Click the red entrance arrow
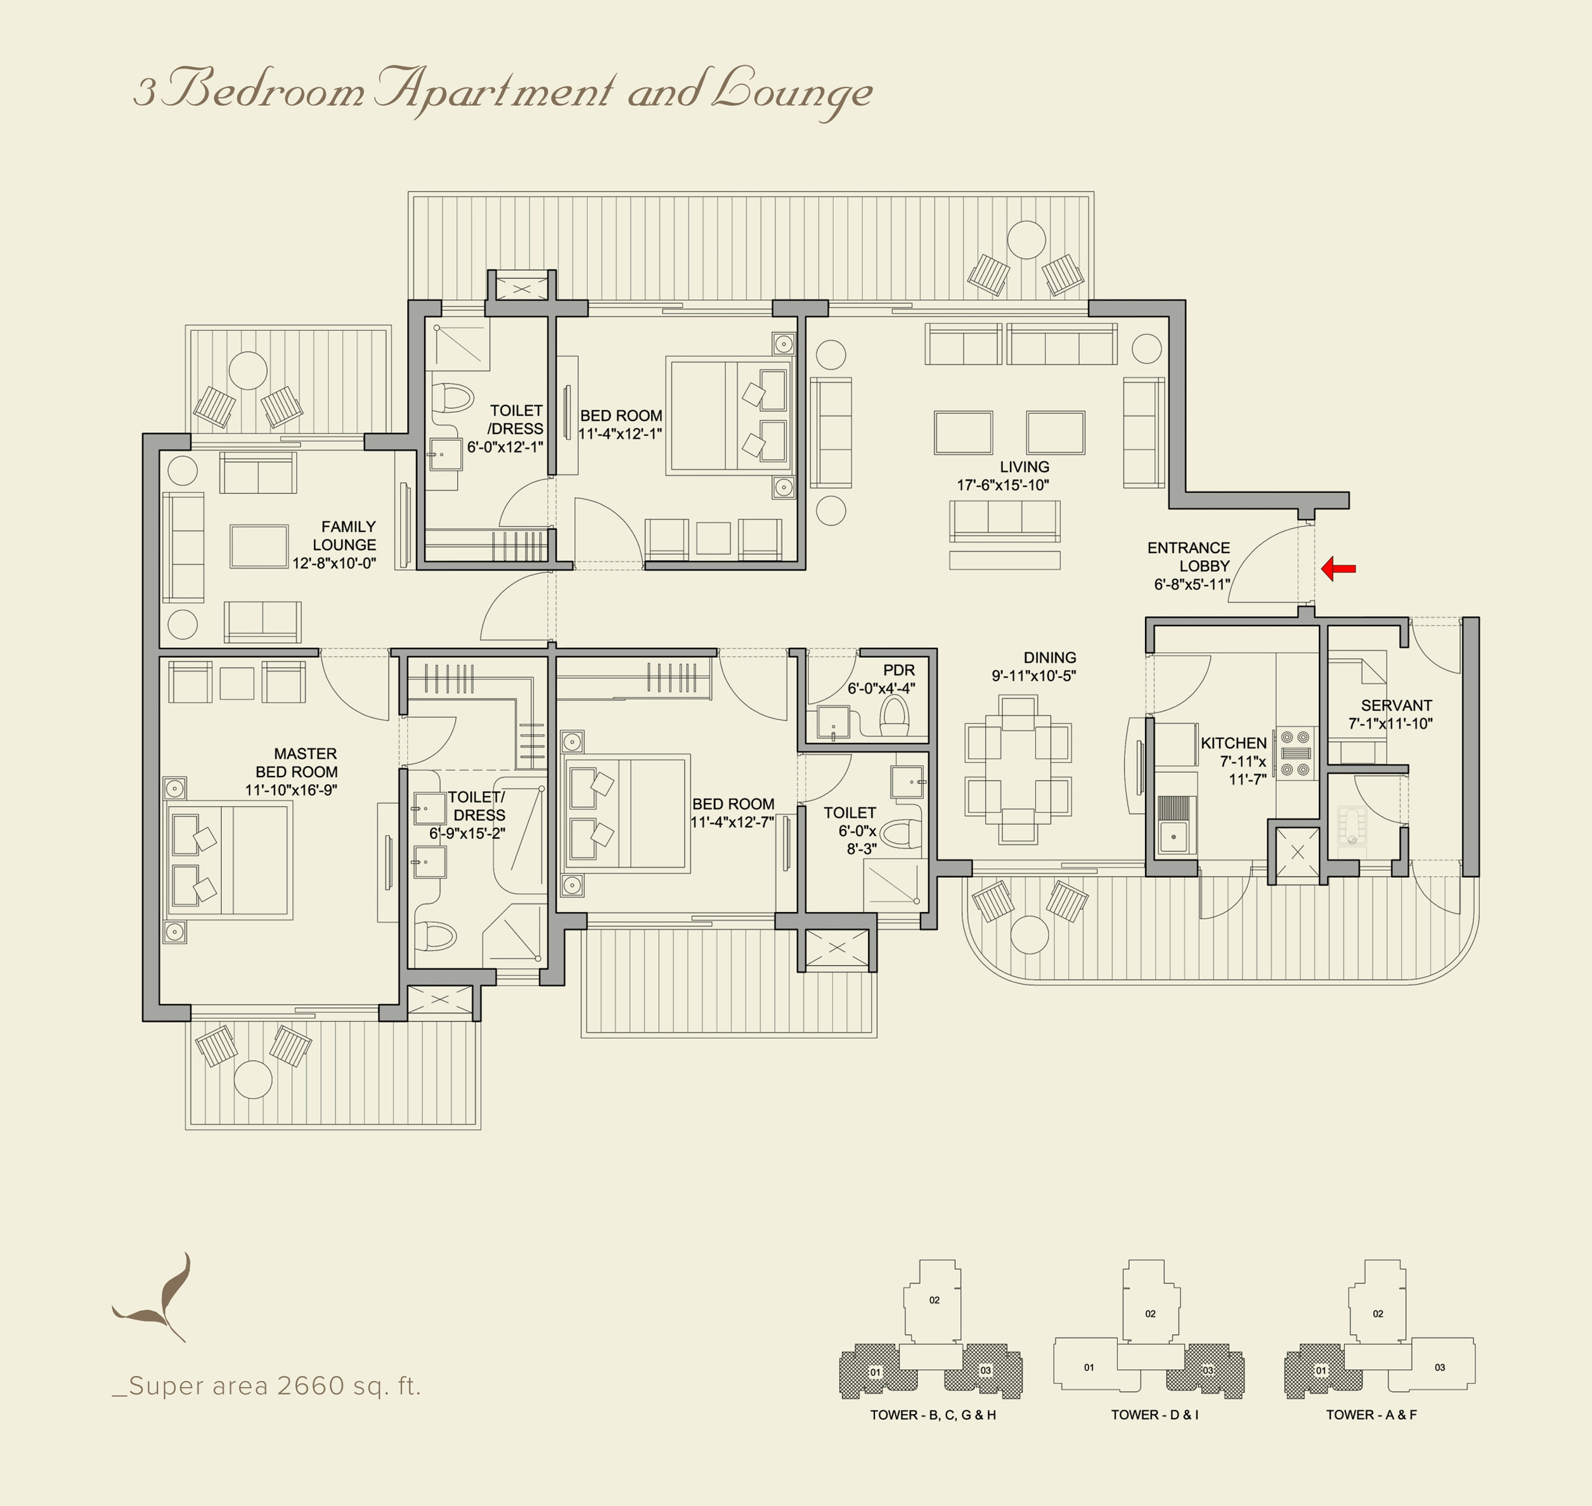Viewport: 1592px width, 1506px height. pos(1338,569)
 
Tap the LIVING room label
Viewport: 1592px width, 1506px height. pos(1025,467)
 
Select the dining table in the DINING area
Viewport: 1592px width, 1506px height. pos(1018,769)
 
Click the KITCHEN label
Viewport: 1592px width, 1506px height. pos(1233,743)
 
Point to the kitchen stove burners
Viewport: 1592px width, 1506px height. pos(1295,753)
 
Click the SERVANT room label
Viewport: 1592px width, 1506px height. pos(1396,705)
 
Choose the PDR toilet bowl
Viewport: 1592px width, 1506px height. pos(895,716)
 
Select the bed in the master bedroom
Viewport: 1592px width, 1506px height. pos(229,861)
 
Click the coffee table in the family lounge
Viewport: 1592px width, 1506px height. pos(259,547)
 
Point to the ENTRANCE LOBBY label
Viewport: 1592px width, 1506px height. pos(1189,557)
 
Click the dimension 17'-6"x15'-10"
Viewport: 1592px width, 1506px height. pos(1003,485)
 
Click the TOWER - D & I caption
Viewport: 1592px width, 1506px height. pos(1155,1415)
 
